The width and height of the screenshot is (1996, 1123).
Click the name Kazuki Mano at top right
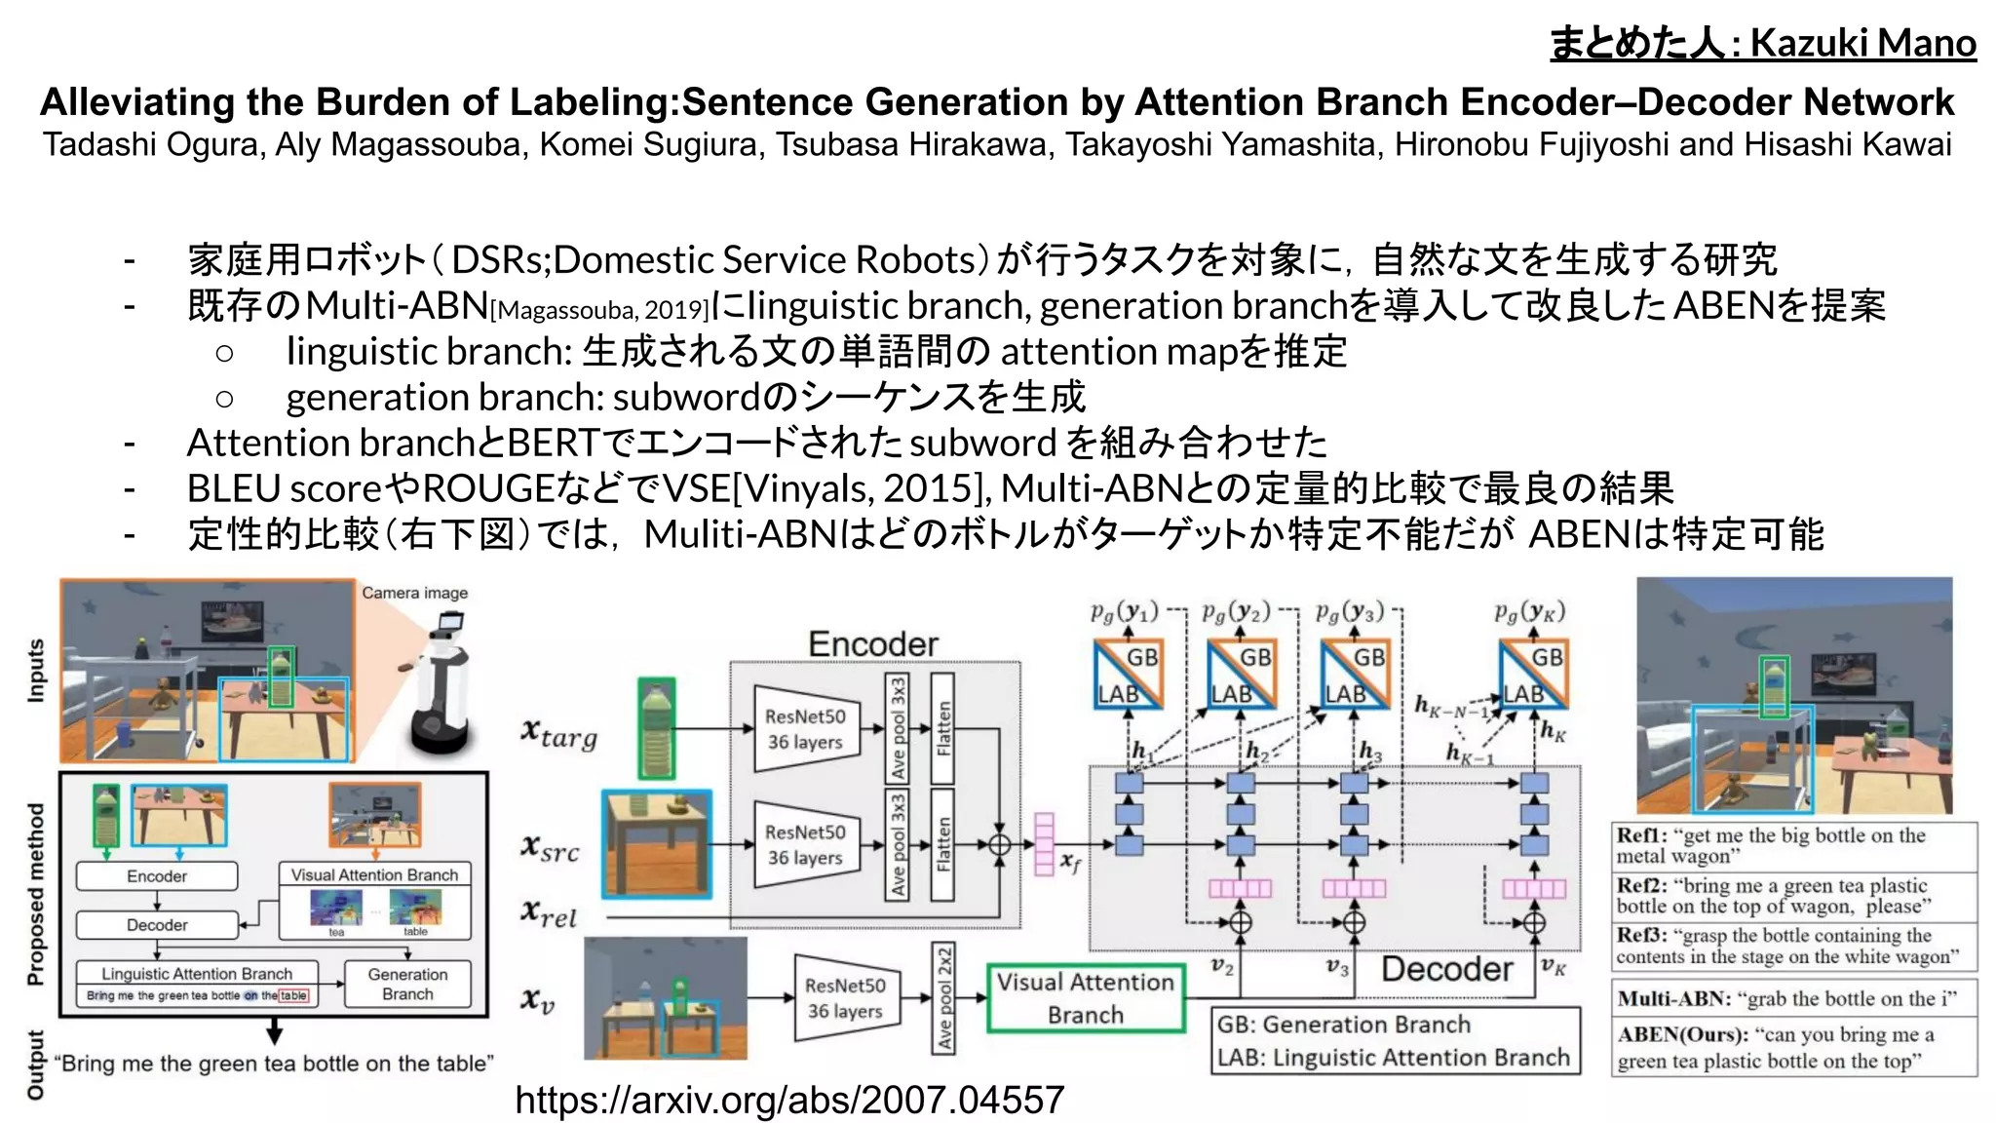pyautogui.click(x=1862, y=43)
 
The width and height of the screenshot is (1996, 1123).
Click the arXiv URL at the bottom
pyautogui.click(x=789, y=1100)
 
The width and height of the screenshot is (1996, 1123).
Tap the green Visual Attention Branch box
pyautogui.click(x=1086, y=998)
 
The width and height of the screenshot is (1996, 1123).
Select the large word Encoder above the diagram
pyautogui.click(x=873, y=644)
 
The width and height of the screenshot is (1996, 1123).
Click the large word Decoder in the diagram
pyautogui.click(x=1447, y=969)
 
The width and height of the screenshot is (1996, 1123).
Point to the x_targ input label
pyautogui.click(x=559, y=733)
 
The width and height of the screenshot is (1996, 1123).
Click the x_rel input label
pyautogui.click(x=549, y=913)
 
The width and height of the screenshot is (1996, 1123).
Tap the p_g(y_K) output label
pyautogui.click(x=1529, y=612)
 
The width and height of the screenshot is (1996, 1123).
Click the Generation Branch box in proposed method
pyautogui.click(x=407, y=984)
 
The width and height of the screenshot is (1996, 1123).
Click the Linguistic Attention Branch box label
pyautogui.click(x=197, y=973)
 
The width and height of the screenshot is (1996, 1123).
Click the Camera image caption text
pyautogui.click(x=414, y=593)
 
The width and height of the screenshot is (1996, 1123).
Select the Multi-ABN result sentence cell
pyautogui.click(x=1793, y=998)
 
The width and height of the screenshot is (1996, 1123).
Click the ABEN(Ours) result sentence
pyautogui.click(x=1793, y=1047)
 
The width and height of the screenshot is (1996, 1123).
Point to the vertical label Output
pyautogui.click(x=36, y=1064)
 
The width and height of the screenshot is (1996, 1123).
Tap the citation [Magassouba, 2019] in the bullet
pyautogui.click(x=599, y=311)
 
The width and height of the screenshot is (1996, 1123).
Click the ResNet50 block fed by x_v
pyautogui.click(x=845, y=998)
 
